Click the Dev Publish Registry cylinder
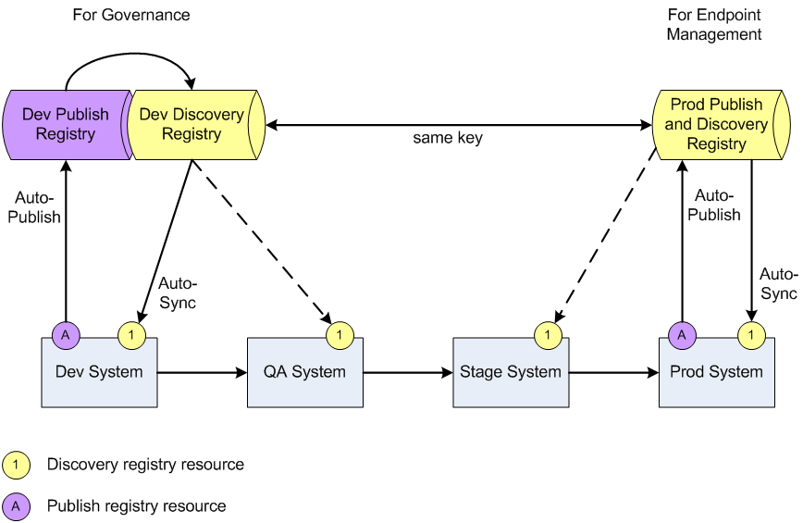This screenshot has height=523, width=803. click(65, 124)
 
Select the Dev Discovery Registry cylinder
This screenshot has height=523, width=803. click(191, 124)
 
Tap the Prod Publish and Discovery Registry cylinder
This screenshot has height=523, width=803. click(717, 124)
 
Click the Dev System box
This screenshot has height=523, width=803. click(99, 373)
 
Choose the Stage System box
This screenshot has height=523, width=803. click(510, 373)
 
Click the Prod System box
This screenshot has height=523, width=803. click(716, 373)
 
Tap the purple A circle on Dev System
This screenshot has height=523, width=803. click(66, 335)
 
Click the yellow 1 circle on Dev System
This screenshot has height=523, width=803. click(132, 335)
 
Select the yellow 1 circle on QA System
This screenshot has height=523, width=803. click(339, 335)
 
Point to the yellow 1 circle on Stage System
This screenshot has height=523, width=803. click(546, 335)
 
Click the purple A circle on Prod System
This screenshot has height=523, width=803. click(682, 335)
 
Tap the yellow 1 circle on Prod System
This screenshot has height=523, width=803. click(751, 335)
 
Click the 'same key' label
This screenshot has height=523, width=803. click(448, 139)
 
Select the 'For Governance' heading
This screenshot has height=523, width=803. click(130, 15)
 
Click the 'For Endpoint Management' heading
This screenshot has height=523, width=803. click(714, 25)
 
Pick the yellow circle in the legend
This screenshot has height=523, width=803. click(16, 465)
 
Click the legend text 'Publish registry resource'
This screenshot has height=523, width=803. click(136, 506)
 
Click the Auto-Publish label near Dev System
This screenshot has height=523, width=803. click(38, 207)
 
